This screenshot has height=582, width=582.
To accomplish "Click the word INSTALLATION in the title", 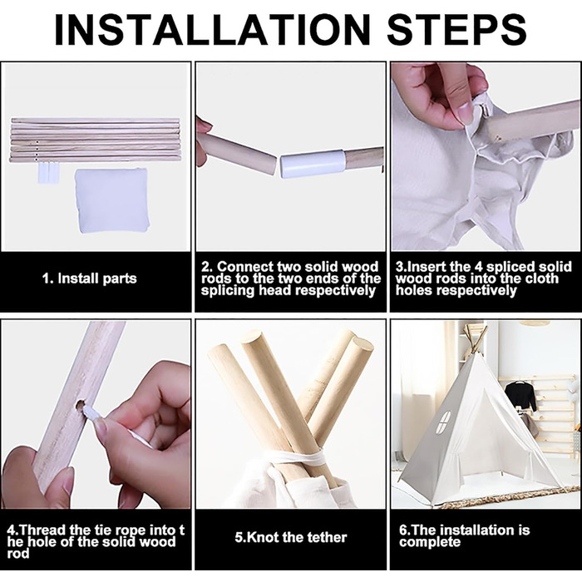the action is point(212,30).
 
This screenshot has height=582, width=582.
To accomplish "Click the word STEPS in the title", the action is point(456,30).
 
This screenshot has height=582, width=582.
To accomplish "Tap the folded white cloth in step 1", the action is point(111,200).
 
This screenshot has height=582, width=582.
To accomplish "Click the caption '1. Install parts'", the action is point(89,279).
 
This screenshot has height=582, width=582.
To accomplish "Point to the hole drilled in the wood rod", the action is point(80,406).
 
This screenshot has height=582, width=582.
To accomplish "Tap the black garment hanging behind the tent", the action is point(520,395).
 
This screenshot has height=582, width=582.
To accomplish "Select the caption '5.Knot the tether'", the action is point(291,537).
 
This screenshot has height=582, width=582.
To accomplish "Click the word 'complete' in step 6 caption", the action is point(430,542).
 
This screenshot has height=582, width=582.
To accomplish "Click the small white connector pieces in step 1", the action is point(48,173).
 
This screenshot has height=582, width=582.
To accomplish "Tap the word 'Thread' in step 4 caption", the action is point(42,530).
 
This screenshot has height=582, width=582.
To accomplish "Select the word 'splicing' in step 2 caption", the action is point(227,290).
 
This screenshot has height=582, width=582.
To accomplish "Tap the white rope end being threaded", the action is point(90,412).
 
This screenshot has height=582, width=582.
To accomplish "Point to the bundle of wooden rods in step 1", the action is point(95,140).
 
